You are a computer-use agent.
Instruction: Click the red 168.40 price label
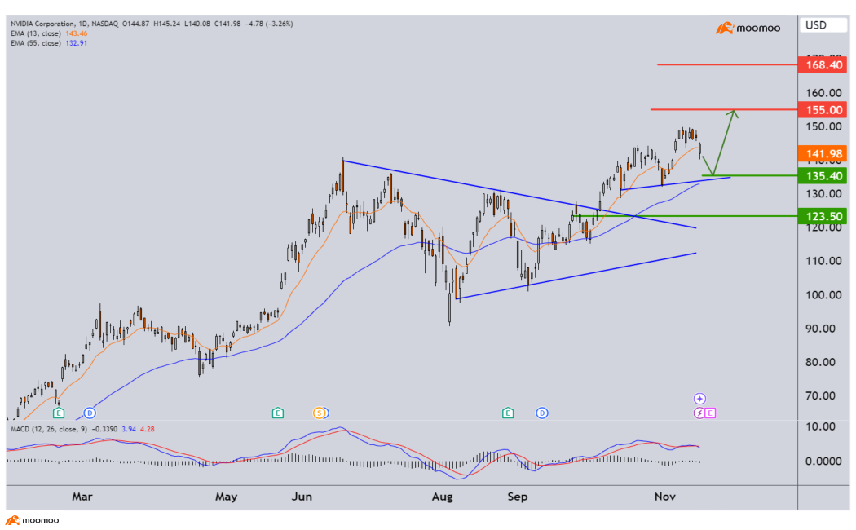(823, 64)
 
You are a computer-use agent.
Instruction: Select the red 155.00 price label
(823, 109)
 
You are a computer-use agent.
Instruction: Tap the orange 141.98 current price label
(823, 154)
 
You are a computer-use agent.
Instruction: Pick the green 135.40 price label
(823, 175)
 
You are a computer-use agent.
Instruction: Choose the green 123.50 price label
(823, 216)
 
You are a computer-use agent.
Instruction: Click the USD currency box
(816, 25)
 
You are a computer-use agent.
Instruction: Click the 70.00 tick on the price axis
(821, 395)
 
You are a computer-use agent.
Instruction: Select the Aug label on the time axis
(442, 496)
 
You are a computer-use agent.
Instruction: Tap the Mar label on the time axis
(82, 496)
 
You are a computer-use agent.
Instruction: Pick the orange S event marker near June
(320, 413)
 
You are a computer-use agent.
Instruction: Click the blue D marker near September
(541, 413)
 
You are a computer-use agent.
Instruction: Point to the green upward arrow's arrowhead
(735, 113)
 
